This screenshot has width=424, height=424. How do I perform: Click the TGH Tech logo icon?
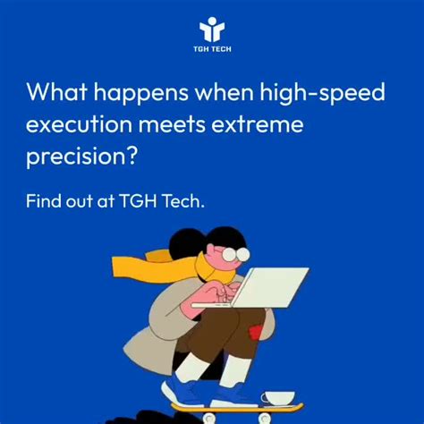212,27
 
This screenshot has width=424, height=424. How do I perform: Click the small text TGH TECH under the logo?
212,49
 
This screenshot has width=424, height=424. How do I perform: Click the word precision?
82,156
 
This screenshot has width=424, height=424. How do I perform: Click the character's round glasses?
235,255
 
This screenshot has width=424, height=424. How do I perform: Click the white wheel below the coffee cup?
265,418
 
